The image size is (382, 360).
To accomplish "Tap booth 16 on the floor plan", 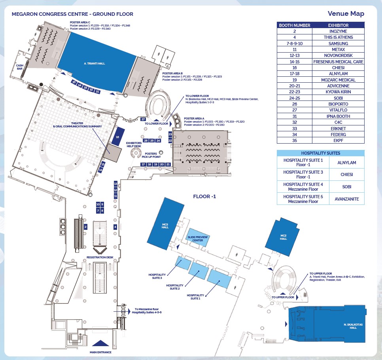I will (x=117, y=137).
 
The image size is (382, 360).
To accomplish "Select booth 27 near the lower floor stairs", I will (x=143, y=119).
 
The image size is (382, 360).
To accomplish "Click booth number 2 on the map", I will (x=85, y=227).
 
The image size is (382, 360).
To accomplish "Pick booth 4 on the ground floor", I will (x=115, y=227).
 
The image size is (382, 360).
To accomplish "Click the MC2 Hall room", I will (x=283, y=237).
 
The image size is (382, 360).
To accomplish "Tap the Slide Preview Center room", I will (x=197, y=238).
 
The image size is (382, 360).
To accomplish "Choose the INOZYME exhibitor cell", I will (x=338, y=31).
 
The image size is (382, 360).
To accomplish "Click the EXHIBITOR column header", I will (x=338, y=25).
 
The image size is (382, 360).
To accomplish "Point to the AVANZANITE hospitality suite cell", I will (x=346, y=199).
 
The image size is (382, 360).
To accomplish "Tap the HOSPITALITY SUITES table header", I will (x=320, y=153).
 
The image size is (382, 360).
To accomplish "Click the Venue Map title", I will (x=346, y=14).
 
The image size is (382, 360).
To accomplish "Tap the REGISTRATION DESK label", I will (x=100, y=257).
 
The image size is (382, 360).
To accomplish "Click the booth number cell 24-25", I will (x=295, y=98).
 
